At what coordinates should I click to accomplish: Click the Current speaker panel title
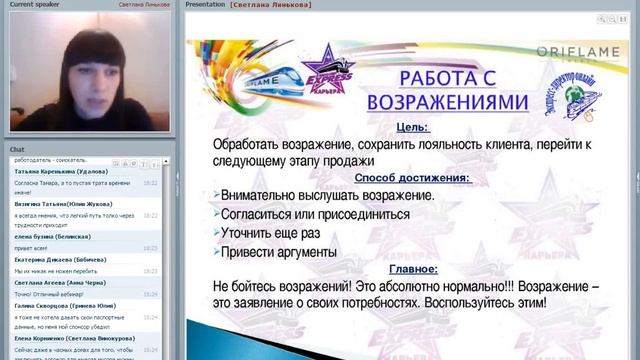tap(36, 5)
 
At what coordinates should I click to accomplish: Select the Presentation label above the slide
tap(205, 5)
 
